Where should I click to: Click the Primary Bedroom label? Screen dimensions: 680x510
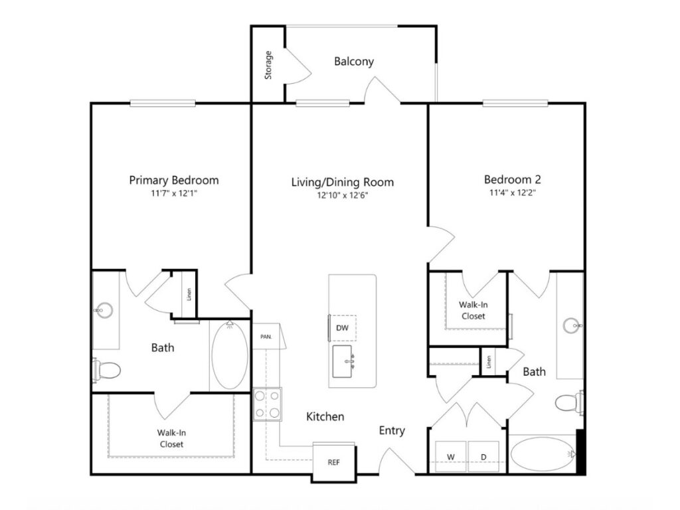pyautogui.click(x=174, y=180)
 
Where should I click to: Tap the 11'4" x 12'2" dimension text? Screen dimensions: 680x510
pyautogui.click(x=513, y=192)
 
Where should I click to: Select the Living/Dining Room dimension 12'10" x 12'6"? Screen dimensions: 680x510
pyautogui.click(x=342, y=195)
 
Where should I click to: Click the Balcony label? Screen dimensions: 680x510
pyautogui.click(x=354, y=61)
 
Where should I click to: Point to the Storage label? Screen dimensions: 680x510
pyautogui.click(x=268, y=65)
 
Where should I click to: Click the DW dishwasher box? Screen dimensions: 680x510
pyautogui.click(x=343, y=328)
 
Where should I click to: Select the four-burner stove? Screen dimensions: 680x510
pyautogui.click(x=268, y=404)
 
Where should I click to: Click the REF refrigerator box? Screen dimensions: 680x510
pyautogui.click(x=334, y=462)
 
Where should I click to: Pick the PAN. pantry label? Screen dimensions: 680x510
pyautogui.click(x=266, y=337)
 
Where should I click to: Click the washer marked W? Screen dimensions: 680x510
pyautogui.click(x=451, y=457)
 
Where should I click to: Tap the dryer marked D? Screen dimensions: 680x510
pyautogui.click(x=483, y=457)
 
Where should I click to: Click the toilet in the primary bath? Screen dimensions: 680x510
pyautogui.click(x=106, y=371)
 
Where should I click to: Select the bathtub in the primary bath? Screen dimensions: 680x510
pyautogui.click(x=229, y=355)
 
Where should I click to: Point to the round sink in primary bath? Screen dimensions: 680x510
pyautogui.click(x=104, y=310)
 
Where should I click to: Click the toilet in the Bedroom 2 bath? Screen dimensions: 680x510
pyautogui.click(x=569, y=402)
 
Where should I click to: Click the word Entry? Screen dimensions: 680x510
pyautogui.click(x=392, y=430)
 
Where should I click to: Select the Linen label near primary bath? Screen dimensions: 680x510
pyautogui.click(x=189, y=294)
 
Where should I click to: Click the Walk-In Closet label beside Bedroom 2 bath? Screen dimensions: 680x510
pyautogui.click(x=473, y=311)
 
